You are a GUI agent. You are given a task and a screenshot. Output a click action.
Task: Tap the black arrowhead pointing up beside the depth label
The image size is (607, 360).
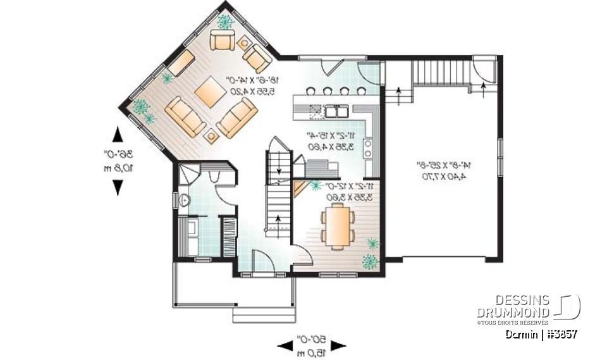[117, 134]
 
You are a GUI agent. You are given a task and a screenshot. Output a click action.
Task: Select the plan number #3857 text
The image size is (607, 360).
[560, 334]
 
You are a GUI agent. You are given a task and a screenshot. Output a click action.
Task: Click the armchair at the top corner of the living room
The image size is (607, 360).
[223, 41]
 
